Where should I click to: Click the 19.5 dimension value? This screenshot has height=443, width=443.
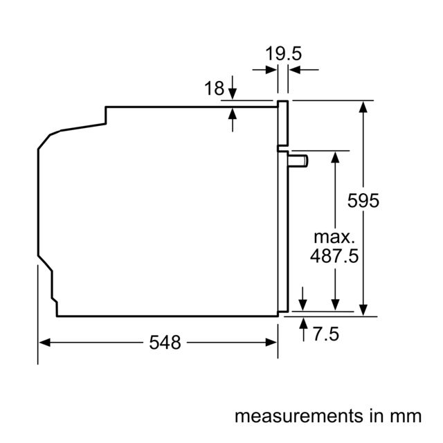pyautogui.click(x=283, y=53)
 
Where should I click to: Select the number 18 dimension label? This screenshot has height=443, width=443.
pyautogui.click(x=214, y=88)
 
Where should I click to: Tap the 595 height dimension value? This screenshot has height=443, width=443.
pyautogui.click(x=363, y=201)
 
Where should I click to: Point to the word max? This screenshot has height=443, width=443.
pyautogui.click(x=334, y=237)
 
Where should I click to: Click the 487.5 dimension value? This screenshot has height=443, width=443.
pyautogui.click(x=334, y=255)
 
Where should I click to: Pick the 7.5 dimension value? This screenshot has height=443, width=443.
pyautogui.click(x=326, y=334)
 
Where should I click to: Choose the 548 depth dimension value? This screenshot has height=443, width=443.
pyautogui.click(x=165, y=343)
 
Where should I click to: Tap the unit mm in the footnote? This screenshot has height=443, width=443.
pyautogui.click(x=406, y=417)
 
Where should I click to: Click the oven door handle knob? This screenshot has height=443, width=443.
pyautogui.click(x=298, y=161)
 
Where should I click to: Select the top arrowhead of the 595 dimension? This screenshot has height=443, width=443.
pyautogui.click(x=363, y=107)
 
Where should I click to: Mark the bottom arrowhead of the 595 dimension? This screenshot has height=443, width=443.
pyautogui.click(x=363, y=310)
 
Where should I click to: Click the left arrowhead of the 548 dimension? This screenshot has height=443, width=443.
pyautogui.click(x=44, y=343)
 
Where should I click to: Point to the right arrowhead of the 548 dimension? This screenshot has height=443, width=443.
pyautogui.click(x=271, y=343)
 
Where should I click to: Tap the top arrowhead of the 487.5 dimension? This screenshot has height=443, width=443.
pyautogui.click(x=335, y=157)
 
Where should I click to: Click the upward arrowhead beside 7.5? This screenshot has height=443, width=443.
pyautogui.click(x=303, y=323)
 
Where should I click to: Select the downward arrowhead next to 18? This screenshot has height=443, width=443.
pyautogui.click(x=233, y=93)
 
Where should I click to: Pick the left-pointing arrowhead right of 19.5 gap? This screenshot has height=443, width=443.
pyautogui.click(x=294, y=69)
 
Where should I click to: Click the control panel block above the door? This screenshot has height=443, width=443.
pyautogui.click(x=283, y=123)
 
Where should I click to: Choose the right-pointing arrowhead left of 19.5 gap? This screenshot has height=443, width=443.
pyautogui.click(x=271, y=69)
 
